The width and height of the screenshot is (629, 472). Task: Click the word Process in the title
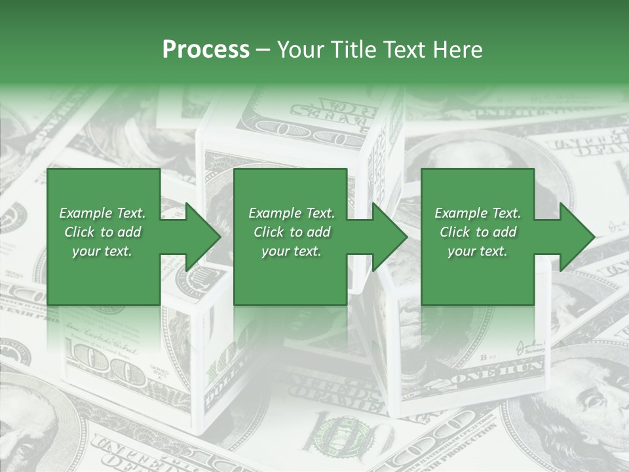click(206, 50)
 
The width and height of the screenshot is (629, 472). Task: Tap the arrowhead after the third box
click(576, 237)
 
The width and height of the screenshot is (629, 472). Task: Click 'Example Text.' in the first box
click(102, 213)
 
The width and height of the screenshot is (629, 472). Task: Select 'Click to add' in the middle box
click(292, 232)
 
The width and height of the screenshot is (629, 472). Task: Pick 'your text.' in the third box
click(477, 251)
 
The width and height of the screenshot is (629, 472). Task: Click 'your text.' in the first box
click(102, 251)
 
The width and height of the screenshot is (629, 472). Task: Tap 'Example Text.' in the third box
click(478, 213)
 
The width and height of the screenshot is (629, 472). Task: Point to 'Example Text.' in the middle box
click(292, 213)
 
